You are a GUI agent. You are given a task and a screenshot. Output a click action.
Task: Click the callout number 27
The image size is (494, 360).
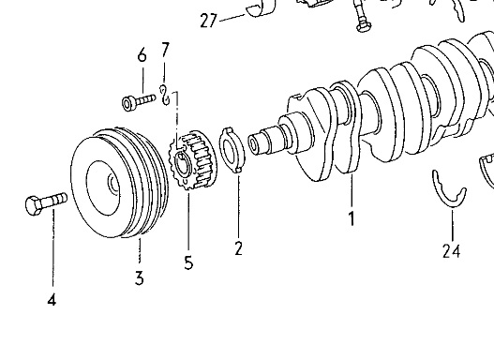click(208, 22)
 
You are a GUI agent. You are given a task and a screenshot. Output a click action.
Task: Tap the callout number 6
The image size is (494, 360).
click(142, 55)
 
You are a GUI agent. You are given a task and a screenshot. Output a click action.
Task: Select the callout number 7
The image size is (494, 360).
click(165, 50)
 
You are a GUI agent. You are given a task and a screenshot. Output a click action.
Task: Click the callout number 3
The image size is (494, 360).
click(140, 278)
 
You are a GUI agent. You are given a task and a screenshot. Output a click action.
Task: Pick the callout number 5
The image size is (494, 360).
click(188, 262)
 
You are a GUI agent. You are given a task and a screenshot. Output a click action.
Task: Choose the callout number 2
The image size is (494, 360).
click(238, 248)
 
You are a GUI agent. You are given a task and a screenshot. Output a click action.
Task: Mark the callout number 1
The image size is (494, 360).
click(352, 218)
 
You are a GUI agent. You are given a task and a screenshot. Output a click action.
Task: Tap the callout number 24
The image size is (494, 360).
click(451, 251)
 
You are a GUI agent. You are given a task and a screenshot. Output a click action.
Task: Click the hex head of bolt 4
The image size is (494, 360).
click(33, 205)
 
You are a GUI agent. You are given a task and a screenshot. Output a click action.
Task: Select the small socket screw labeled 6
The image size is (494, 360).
click(139, 101)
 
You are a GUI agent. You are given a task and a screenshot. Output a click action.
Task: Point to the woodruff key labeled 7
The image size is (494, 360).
click(165, 95)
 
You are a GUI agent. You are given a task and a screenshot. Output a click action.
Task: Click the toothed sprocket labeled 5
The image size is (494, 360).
click(192, 160)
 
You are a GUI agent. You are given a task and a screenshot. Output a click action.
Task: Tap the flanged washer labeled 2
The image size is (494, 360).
click(233, 150)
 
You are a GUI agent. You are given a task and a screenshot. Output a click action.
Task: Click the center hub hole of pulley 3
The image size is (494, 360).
click(113, 187)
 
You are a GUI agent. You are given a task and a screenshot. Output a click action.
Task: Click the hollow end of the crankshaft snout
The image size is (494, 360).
click(253, 144)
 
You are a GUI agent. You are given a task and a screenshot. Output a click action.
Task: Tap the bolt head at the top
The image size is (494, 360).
click(364, 27)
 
